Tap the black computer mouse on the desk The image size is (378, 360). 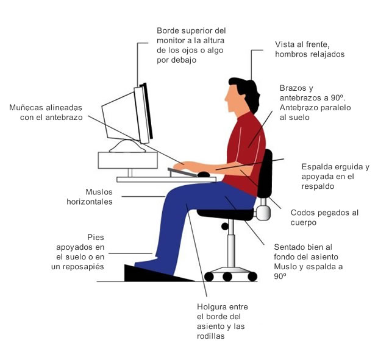click(204, 174)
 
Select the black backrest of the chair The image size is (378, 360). click(265, 174)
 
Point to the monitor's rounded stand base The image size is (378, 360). click(127, 146)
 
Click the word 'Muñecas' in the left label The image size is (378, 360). click(26, 108)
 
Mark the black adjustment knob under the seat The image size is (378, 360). click(225, 227)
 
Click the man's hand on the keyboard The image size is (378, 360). click(182, 166)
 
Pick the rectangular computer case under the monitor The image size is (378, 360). click(128, 160)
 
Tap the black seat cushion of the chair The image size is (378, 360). click(226, 214)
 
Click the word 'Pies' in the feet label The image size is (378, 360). click(96, 238)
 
